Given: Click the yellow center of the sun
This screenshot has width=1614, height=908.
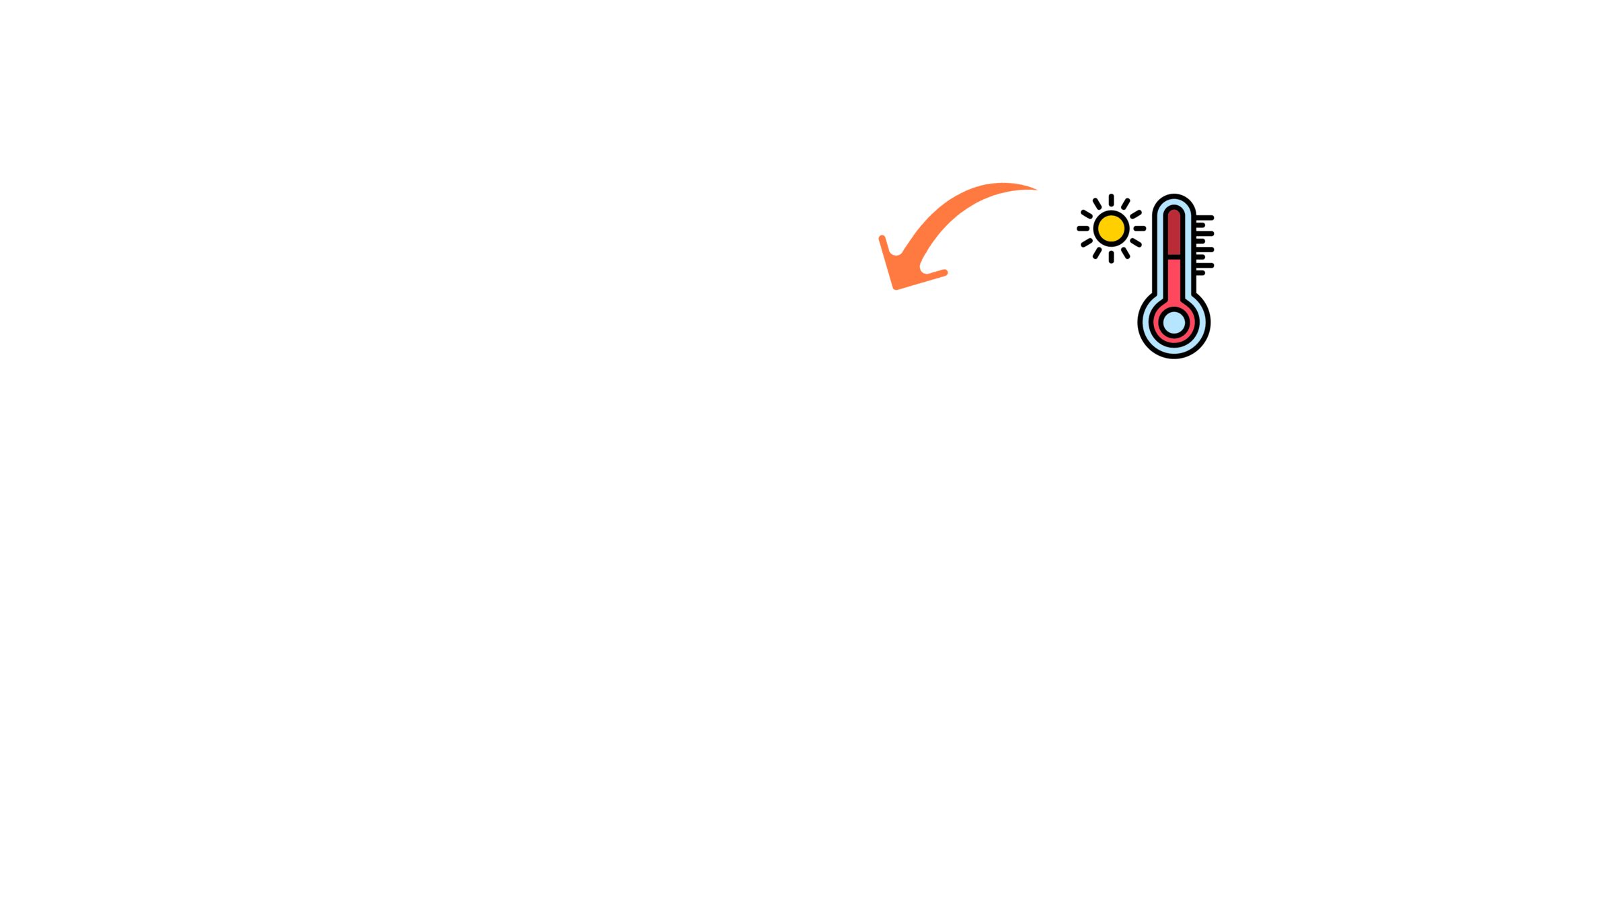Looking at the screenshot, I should (1111, 229).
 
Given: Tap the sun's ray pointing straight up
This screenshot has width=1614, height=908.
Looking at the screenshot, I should (1111, 200).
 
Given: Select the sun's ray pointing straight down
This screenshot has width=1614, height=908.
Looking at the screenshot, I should (1111, 257).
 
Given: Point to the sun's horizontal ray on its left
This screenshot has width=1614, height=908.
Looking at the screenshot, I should (1083, 229).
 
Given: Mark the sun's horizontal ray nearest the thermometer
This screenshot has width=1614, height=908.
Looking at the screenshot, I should (1139, 229).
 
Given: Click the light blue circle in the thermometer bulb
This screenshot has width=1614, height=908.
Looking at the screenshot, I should (1174, 322).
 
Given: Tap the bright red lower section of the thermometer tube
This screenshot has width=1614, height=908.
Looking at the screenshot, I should (1174, 282).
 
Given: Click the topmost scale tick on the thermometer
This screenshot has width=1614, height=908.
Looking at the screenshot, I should (1205, 218).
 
